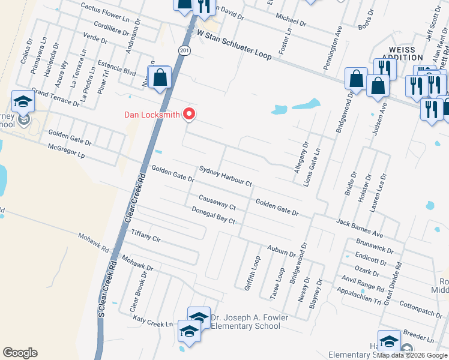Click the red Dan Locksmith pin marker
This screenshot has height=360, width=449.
[190, 113]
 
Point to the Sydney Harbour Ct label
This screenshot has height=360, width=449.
[226, 177]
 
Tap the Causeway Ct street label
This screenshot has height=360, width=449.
[217, 202]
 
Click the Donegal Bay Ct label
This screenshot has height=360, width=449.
[212, 215]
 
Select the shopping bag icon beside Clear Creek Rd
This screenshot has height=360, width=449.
[160, 78]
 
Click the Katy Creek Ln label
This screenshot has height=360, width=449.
[152, 323]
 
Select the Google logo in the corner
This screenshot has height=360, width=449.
[20, 353]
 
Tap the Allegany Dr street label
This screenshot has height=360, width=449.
[301, 158]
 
